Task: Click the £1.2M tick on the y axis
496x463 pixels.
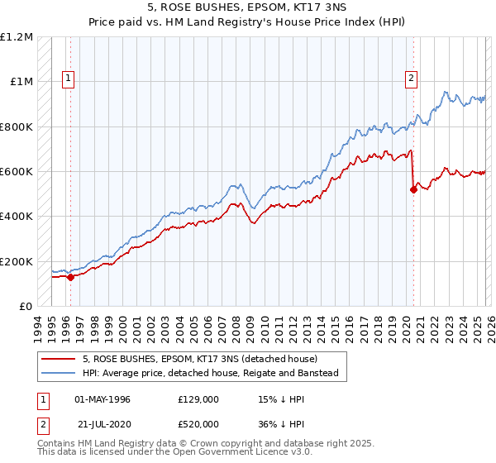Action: click(17, 37)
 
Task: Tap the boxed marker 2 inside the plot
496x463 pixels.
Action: click(411, 79)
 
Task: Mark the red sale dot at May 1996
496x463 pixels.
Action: click(70, 277)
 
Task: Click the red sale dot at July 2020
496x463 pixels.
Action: click(413, 189)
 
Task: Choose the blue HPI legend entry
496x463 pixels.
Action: click(210, 374)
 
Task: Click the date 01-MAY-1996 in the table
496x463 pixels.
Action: click(102, 399)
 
